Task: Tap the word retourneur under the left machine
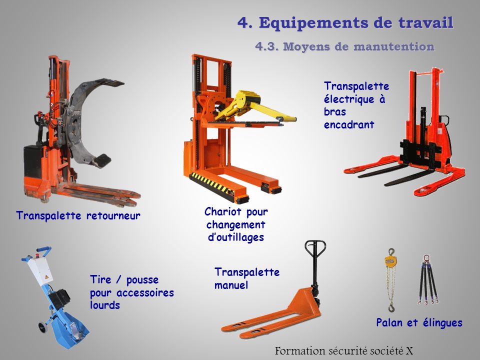[x=113, y=215]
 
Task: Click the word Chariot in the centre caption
[x=223, y=211]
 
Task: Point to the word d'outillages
[x=235, y=237]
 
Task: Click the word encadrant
[x=349, y=124]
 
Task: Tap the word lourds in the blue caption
[x=104, y=305]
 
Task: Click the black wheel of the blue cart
[x=42, y=326]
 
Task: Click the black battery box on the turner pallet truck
[x=33, y=162]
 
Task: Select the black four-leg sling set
[x=428, y=280]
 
